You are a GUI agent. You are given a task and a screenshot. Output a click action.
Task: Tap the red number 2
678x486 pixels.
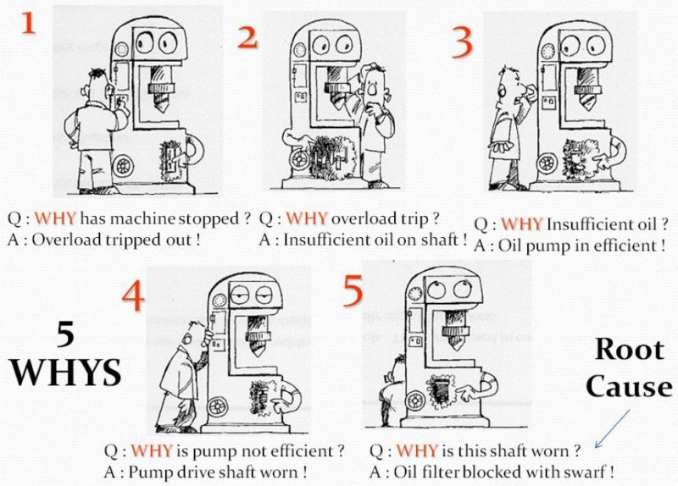pos(247,38)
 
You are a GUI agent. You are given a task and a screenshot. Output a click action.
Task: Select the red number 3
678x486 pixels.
pos(460,43)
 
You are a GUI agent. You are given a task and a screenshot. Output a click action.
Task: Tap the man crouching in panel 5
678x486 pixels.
pos(394,390)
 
